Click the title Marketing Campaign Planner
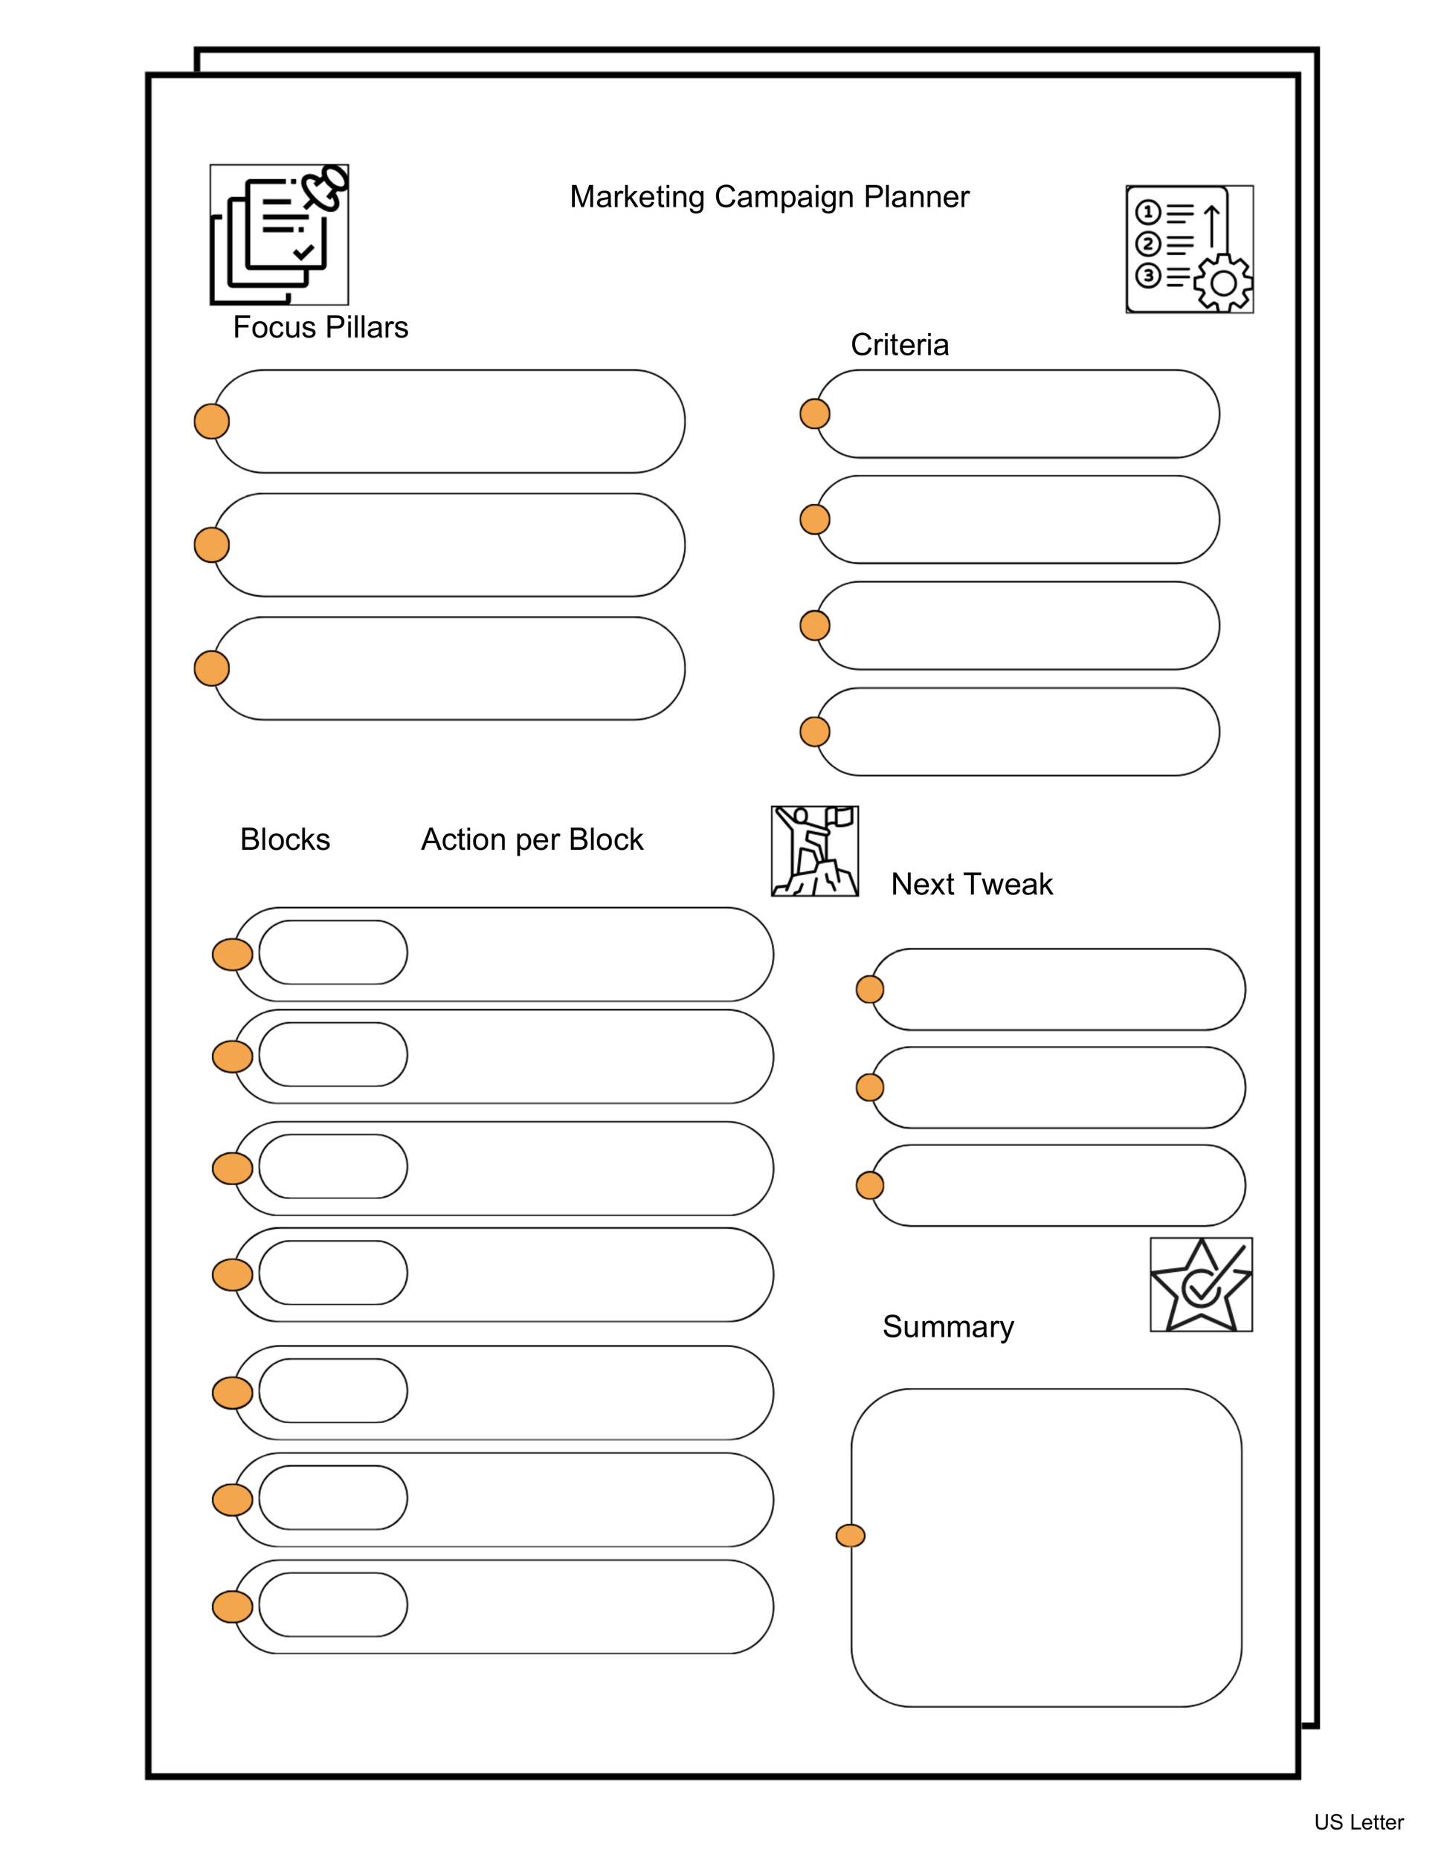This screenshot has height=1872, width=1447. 769,197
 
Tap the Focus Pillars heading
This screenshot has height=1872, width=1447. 320,327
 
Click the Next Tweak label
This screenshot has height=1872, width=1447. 971,884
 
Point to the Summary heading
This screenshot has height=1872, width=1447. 947,1326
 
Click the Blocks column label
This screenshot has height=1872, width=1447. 285,839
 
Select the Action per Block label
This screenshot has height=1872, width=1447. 532,839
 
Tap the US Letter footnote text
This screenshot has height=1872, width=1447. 1358,1822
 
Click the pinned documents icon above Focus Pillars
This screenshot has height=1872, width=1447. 280,235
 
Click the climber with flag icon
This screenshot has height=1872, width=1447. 814,851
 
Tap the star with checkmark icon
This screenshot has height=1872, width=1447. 1200,1285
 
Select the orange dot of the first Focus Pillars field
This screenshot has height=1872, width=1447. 212,422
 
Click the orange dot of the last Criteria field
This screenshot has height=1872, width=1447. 814,732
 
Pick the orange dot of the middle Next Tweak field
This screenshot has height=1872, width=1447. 869,1088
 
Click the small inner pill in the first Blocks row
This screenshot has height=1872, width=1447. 332,952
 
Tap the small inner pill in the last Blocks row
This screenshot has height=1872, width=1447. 332,1604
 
